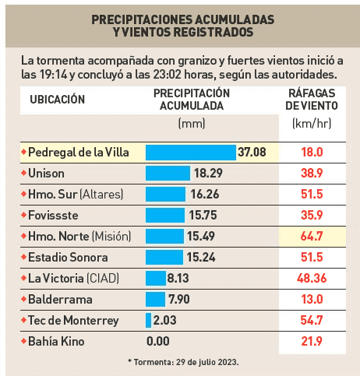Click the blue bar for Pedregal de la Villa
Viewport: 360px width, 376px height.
(x=191, y=153)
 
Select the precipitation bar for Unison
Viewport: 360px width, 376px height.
(x=168, y=174)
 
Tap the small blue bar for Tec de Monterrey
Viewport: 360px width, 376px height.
(x=148, y=320)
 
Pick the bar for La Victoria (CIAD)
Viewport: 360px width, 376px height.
(x=156, y=278)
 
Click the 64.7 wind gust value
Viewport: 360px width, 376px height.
(x=312, y=237)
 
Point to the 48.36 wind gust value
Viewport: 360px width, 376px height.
(x=312, y=279)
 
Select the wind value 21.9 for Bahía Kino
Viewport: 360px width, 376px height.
(x=312, y=341)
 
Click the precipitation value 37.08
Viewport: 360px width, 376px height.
(x=252, y=153)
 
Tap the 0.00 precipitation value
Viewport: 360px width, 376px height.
(x=158, y=341)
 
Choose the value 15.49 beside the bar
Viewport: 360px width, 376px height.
(x=201, y=237)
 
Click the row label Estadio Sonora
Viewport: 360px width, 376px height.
(x=68, y=258)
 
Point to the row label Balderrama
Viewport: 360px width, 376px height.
(x=60, y=300)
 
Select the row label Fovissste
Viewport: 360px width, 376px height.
(x=53, y=216)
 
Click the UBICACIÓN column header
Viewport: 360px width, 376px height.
(x=58, y=100)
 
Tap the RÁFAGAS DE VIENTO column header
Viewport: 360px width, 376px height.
(x=312, y=100)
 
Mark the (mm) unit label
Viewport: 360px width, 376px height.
(x=192, y=124)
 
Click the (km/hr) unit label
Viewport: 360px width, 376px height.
(x=312, y=124)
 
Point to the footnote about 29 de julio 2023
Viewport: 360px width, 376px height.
(x=183, y=362)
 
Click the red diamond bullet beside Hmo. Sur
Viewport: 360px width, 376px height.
(x=23, y=194)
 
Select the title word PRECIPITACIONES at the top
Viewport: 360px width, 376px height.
(x=142, y=19)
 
